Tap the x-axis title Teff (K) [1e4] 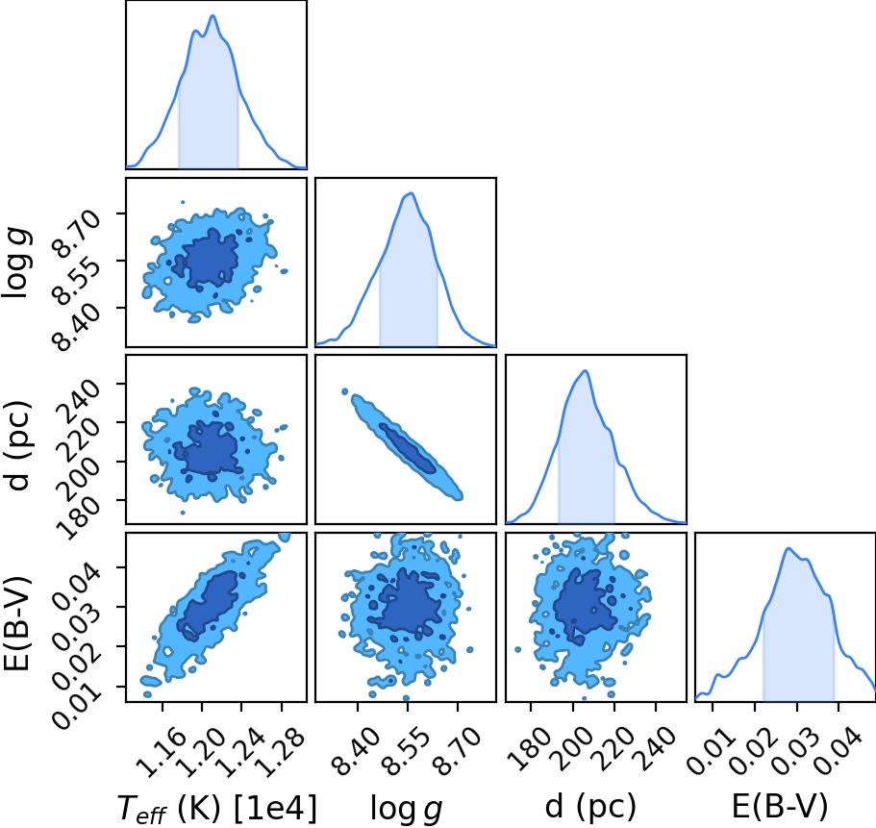point(216,809)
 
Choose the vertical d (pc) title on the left point(19,445)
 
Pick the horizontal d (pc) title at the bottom point(590,807)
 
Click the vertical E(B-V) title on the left point(19,623)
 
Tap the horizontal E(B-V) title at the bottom point(780,807)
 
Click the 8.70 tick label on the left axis point(77,234)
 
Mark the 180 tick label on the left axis point(77,517)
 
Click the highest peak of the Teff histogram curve point(213,15)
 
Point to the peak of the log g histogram point(412,193)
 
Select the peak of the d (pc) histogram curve point(585,370)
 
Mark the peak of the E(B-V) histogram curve point(788,548)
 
